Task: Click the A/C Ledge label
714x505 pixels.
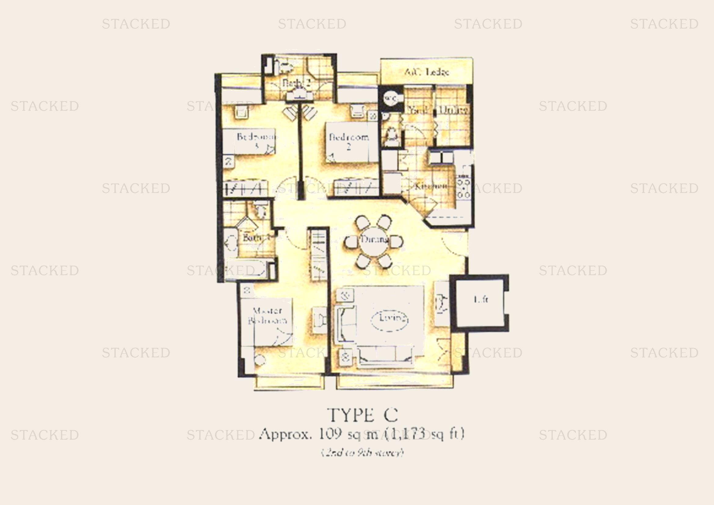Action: coord(427,72)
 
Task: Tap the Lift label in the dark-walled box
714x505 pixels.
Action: coord(481,300)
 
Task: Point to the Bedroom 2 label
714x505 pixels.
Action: coord(349,140)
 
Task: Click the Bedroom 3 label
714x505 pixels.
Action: coord(256,140)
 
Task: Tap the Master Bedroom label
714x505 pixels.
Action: coord(267,315)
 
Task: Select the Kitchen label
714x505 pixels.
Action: coord(431,186)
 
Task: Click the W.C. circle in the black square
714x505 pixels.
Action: coord(391,99)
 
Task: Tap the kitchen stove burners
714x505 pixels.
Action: coord(463,188)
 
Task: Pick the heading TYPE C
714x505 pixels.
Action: coord(363,415)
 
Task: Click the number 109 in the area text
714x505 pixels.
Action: coord(330,434)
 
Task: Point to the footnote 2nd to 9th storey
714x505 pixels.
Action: coord(363,452)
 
